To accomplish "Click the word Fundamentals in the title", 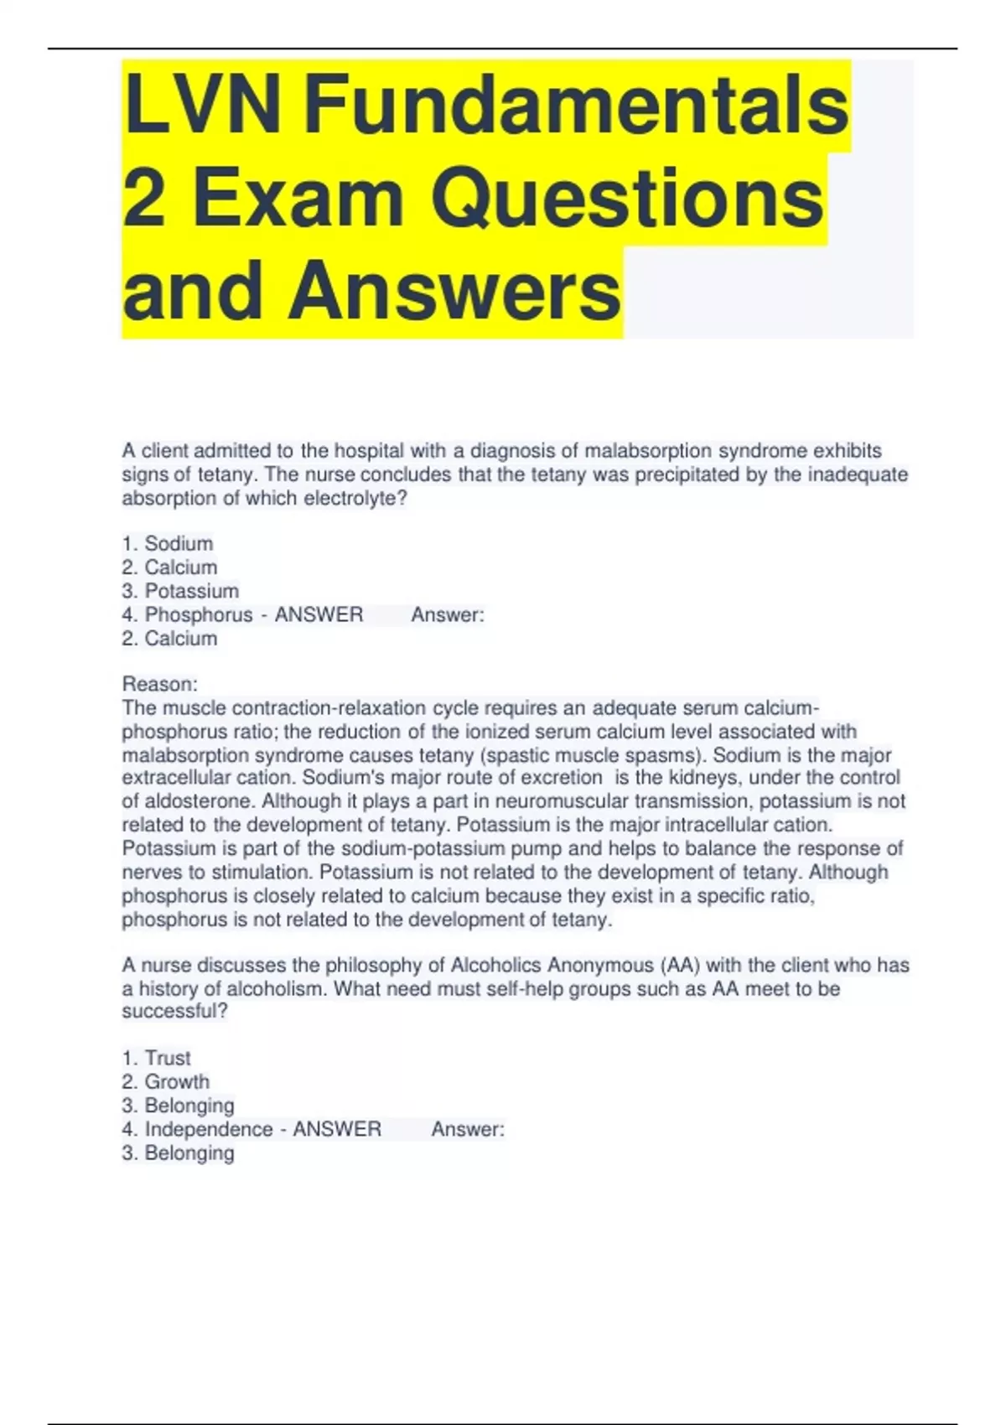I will coord(576,105).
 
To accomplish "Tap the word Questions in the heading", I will coord(628,198).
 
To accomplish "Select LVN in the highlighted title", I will coord(202,105).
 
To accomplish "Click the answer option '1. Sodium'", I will coord(168,543).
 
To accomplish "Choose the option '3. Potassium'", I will coord(180,591).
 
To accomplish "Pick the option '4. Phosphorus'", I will coord(187,614).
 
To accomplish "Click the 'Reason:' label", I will coord(160,684).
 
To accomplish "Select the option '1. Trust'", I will coord(157,1058).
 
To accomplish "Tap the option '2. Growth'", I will coord(166,1081).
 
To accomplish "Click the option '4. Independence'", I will coord(197,1129).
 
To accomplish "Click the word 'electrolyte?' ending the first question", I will coord(355,498).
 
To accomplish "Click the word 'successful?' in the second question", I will coord(174,1011).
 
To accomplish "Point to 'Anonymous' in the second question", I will coord(599,965).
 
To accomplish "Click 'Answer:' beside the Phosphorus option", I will coord(448,614).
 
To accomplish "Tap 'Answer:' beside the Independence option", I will coord(468,1129).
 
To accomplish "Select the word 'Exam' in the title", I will coord(299,198).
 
